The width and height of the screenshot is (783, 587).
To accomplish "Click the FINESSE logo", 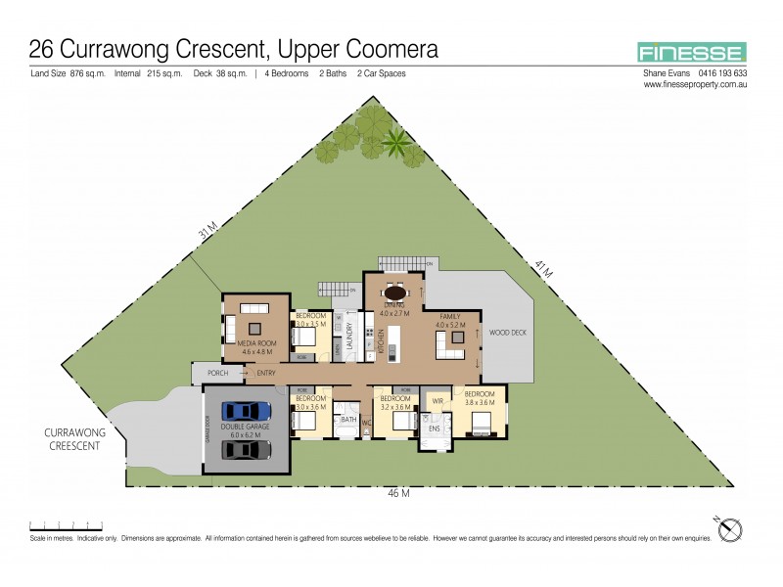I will [691, 53].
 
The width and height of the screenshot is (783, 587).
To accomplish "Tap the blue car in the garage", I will [245, 412].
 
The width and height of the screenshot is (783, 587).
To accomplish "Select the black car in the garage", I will [245, 448].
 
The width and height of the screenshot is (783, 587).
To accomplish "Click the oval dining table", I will [395, 292].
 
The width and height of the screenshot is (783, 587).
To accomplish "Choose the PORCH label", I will [217, 374].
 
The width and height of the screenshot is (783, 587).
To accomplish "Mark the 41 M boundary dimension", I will [545, 269].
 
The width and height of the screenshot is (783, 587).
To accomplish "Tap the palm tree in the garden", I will [396, 143].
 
